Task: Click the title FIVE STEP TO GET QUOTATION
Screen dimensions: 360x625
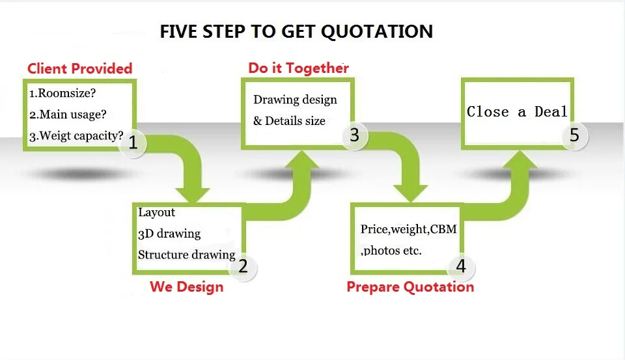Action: (x=296, y=31)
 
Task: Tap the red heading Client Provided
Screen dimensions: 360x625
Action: (x=79, y=68)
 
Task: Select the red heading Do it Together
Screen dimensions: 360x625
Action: (x=298, y=68)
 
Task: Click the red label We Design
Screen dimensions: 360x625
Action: (x=186, y=286)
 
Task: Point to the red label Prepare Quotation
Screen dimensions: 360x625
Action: (x=410, y=286)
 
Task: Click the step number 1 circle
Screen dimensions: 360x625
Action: (x=133, y=142)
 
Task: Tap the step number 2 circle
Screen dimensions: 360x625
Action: (x=243, y=266)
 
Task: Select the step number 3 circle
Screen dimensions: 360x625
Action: (x=354, y=135)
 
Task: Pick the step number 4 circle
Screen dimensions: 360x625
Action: (x=461, y=266)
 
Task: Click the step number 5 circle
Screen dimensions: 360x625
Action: (x=574, y=135)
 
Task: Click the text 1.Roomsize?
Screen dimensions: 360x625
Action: (x=62, y=93)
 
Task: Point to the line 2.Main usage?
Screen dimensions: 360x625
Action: (x=68, y=115)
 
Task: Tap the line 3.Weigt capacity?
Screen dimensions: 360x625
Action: (x=76, y=136)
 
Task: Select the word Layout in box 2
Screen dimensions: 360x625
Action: (x=156, y=212)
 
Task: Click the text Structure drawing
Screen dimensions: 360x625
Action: (x=186, y=255)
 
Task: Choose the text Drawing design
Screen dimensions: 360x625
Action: (x=295, y=100)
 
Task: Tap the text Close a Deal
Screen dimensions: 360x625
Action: (x=517, y=112)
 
